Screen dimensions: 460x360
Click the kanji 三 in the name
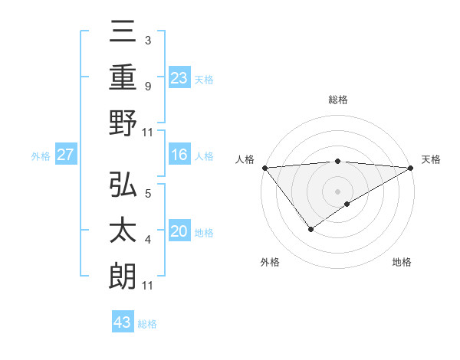[x=122, y=33]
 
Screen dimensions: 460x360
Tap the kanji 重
[x=122, y=77]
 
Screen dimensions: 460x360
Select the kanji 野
[x=122, y=123]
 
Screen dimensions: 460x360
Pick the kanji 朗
[x=122, y=277]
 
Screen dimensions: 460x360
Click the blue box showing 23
[x=179, y=77]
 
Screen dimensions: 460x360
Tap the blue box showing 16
[x=179, y=155]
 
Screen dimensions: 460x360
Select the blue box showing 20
[x=179, y=232]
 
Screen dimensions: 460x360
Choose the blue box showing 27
[x=66, y=155]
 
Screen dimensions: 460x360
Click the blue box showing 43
[x=123, y=322]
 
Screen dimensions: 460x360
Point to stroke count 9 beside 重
[x=147, y=87]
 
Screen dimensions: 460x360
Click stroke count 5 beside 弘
[x=147, y=194]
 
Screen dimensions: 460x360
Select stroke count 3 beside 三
[x=147, y=41]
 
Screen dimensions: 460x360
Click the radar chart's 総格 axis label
[x=338, y=100]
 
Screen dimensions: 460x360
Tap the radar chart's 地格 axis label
[x=402, y=262]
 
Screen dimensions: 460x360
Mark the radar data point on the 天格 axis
[x=411, y=167]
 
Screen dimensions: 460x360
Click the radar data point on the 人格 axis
[x=264, y=167]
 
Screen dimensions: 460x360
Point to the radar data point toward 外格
[x=310, y=229]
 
